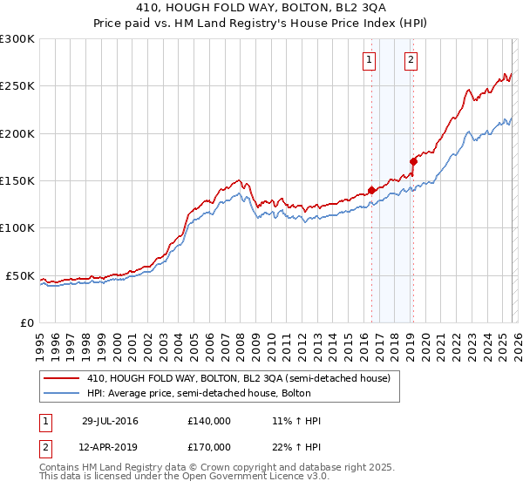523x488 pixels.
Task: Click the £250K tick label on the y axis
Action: coord(17,86)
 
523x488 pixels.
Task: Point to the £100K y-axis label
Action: coord(17,228)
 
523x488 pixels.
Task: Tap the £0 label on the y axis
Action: coord(26,322)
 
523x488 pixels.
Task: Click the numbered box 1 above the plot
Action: coord(369,60)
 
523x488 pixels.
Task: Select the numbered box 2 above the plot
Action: coord(410,60)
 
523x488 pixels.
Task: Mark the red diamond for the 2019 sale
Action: coord(413,161)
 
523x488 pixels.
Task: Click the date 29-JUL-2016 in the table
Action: coord(110,421)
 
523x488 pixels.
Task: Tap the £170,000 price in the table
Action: coord(209,447)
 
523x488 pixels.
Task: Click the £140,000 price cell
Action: coord(209,421)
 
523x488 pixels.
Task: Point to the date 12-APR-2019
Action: coord(110,447)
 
